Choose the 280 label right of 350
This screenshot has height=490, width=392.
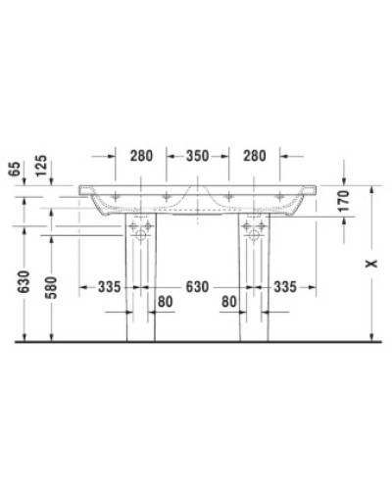[x=253, y=154]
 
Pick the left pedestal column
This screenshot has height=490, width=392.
[x=139, y=294]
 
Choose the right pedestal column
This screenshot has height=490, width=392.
[x=253, y=294]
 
